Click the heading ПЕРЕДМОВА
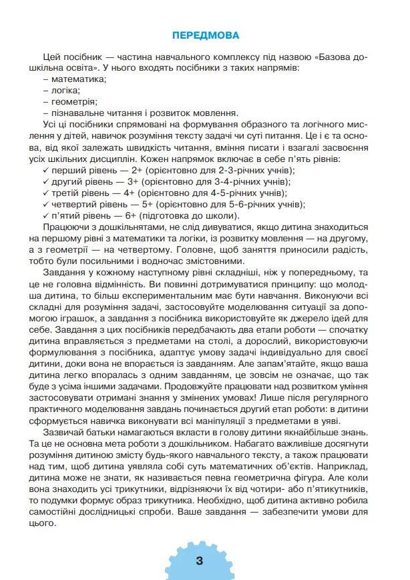point(205,35)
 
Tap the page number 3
point(200,560)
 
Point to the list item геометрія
point(74,102)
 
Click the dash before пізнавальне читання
point(44,113)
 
